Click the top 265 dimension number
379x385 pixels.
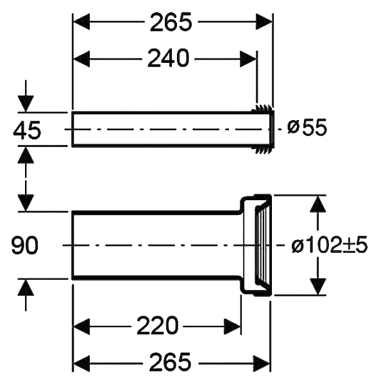[x=171, y=22]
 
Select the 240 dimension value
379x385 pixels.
[x=169, y=58]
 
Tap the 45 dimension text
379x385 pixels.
[x=27, y=130]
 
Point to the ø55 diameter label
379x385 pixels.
[x=307, y=127]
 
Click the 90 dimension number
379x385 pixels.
[x=25, y=245]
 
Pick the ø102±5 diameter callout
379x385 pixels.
[x=330, y=245]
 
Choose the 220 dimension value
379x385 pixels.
[x=157, y=325]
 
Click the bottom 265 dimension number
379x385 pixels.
[x=171, y=362]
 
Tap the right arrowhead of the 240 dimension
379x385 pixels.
[x=248, y=59]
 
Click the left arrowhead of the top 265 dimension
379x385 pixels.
[x=81, y=22]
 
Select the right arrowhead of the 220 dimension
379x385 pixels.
[x=232, y=327]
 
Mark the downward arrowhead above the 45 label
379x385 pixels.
[x=26, y=103]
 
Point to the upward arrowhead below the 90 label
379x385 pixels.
[x=26, y=287]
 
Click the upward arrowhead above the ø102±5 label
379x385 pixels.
[x=318, y=204]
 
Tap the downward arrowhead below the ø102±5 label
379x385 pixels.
[x=318, y=286]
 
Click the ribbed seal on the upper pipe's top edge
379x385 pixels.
[x=262, y=108]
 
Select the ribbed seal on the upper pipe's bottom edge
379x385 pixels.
[x=262, y=150]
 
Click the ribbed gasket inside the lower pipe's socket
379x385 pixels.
[x=261, y=245]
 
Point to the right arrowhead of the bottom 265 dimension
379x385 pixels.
[x=262, y=363]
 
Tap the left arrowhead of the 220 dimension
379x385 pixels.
[x=81, y=327]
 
